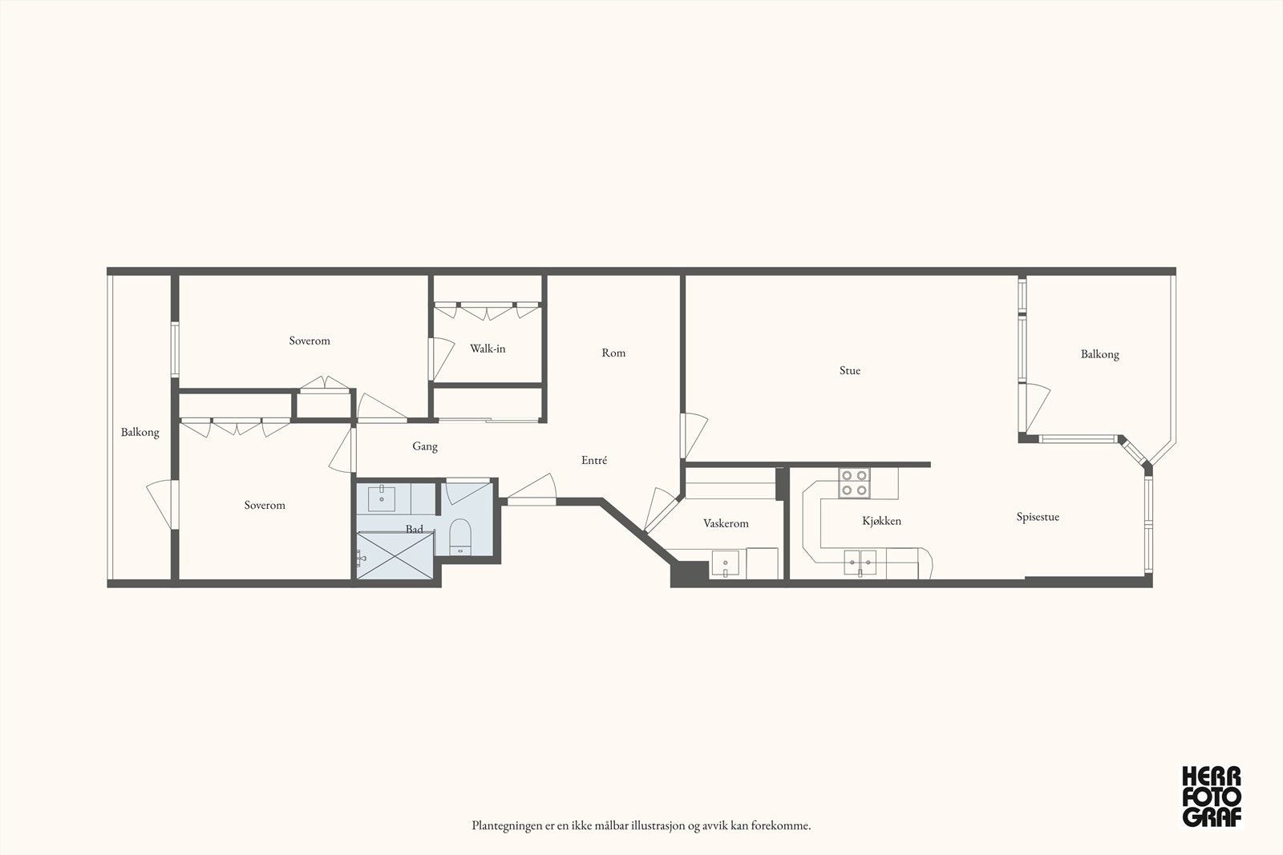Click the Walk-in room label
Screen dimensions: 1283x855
point(488,349)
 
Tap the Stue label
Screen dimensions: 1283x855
point(850,370)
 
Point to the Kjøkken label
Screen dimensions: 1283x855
point(881,521)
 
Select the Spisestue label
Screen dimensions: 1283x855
point(1038,517)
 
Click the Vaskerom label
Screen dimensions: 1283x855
point(726,523)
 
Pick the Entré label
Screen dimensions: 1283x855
point(594,459)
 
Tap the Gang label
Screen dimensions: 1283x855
point(425,446)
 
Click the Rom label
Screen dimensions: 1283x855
point(613,353)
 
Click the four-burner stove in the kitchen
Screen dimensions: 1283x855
point(855,482)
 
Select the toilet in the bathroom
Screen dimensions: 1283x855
point(460,537)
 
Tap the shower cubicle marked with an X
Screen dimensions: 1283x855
point(395,555)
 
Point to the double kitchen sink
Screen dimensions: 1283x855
point(860,562)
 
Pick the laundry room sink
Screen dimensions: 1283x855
point(725,563)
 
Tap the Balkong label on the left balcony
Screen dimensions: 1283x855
point(140,432)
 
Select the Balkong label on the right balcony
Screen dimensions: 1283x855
point(1099,354)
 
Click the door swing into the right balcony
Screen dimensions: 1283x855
point(1038,407)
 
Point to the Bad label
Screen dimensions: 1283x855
point(414,529)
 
